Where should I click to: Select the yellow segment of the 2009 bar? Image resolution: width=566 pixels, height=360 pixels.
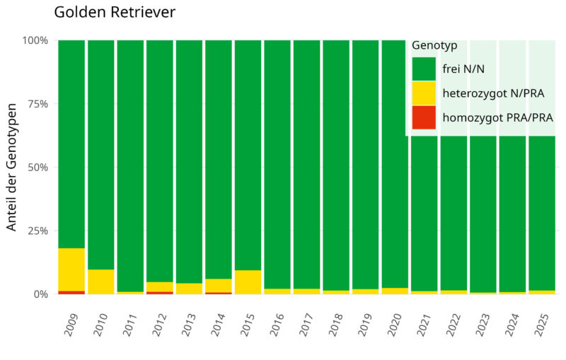tap(71, 269)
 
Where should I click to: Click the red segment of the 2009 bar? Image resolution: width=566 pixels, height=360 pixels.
tap(71, 292)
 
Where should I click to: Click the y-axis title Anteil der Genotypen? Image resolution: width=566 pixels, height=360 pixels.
tap(12, 167)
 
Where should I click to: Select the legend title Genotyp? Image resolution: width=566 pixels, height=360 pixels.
tap(434, 45)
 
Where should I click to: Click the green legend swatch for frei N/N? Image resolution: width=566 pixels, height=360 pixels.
tap(424, 69)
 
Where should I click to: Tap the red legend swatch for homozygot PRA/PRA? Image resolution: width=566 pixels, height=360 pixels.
tap(424, 117)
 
